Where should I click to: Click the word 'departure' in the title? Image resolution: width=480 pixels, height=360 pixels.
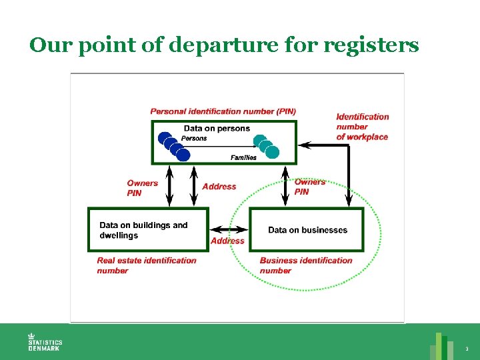(x=223, y=45)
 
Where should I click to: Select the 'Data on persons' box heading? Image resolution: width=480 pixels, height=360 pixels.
(x=217, y=128)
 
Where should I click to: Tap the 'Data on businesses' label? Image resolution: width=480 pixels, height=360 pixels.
(x=307, y=230)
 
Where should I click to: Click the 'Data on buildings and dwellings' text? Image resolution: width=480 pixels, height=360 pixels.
(x=143, y=230)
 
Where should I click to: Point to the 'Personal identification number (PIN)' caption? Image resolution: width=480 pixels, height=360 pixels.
(x=223, y=111)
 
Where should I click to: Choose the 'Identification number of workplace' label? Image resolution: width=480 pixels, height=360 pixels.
(x=363, y=127)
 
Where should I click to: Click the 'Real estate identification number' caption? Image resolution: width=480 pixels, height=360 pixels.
(x=147, y=265)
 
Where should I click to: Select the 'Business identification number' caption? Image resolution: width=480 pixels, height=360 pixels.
(x=306, y=265)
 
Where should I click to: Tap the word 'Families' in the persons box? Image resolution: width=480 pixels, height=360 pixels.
(x=244, y=157)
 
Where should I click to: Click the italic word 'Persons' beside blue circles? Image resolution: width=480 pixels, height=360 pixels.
(x=194, y=139)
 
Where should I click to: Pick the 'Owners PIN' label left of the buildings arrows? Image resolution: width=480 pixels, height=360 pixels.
(x=143, y=188)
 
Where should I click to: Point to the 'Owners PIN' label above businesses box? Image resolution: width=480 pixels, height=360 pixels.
(x=310, y=187)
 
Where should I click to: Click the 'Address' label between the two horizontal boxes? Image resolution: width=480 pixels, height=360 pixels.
(x=227, y=241)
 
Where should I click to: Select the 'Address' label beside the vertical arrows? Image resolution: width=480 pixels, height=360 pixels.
(x=219, y=187)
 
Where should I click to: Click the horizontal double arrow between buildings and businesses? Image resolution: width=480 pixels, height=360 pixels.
(x=229, y=229)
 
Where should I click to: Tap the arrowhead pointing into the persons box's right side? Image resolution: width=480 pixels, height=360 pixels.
(x=305, y=145)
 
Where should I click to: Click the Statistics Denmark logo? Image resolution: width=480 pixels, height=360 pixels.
(x=45, y=342)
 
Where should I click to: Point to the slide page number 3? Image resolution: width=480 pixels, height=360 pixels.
(x=467, y=349)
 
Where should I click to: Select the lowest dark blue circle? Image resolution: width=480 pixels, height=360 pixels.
(x=183, y=155)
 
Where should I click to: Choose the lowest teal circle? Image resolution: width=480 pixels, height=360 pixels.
(x=272, y=152)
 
